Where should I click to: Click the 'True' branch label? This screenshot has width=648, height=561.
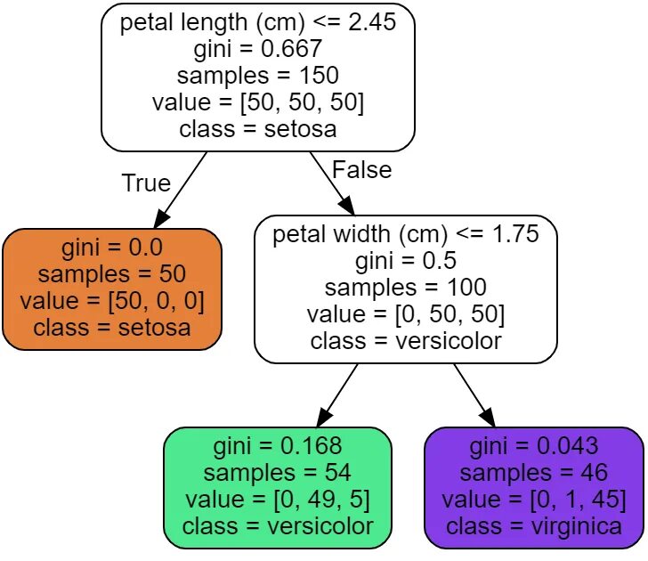pyautogui.click(x=145, y=183)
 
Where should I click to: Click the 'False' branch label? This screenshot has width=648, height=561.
pyautogui.click(x=361, y=169)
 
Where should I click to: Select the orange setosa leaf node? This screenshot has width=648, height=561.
pyautogui.click(x=112, y=289)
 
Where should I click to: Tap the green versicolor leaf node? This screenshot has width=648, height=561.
pyautogui.click(x=278, y=487)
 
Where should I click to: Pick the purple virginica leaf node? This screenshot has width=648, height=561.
pyautogui.click(x=534, y=487)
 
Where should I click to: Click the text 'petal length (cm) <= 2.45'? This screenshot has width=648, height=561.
pyautogui.click(x=258, y=22)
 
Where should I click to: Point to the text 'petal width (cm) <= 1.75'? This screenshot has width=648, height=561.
pyautogui.click(x=406, y=234)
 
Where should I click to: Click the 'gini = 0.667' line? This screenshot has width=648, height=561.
pyautogui.click(x=258, y=49)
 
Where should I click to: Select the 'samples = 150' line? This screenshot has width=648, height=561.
pyautogui.click(x=258, y=76)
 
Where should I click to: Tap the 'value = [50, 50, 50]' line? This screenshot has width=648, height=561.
pyautogui.click(x=258, y=102)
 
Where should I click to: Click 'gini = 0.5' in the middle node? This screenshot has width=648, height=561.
pyautogui.click(x=406, y=261)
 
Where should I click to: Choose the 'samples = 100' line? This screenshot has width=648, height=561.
pyautogui.click(x=406, y=288)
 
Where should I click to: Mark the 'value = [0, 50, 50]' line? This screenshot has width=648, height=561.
pyautogui.click(x=406, y=314)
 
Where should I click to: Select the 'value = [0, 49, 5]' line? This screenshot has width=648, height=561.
pyautogui.click(x=278, y=500)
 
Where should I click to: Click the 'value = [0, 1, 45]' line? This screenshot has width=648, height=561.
pyautogui.click(x=534, y=500)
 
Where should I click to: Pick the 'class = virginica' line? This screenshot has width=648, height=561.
pyautogui.click(x=534, y=526)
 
